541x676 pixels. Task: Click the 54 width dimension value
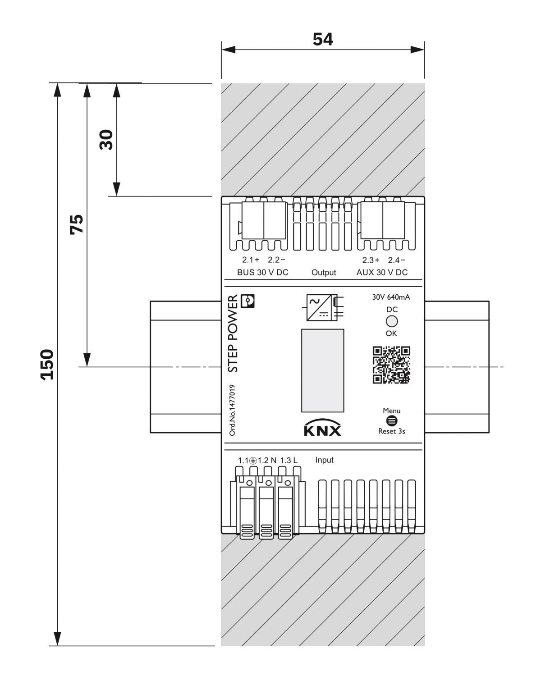click(x=322, y=39)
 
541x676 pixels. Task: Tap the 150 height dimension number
click(x=47, y=365)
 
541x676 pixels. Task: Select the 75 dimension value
click(x=76, y=224)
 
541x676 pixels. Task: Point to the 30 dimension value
click(x=106, y=140)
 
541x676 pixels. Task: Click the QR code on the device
click(x=391, y=365)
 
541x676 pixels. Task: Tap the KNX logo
click(x=322, y=428)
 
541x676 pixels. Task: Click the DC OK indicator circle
click(x=392, y=321)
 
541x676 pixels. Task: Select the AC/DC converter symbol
click(x=325, y=307)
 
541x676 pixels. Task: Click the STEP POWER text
click(x=233, y=333)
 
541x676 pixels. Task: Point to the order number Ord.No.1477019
click(x=232, y=410)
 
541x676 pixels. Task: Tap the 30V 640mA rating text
click(x=391, y=297)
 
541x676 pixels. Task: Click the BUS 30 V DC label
click(x=262, y=272)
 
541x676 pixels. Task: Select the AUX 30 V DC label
click(x=382, y=272)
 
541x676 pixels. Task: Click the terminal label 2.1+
click(x=251, y=260)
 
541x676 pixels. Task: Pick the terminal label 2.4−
click(x=396, y=260)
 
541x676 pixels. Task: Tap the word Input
click(x=325, y=460)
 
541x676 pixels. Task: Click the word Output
click(x=324, y=272)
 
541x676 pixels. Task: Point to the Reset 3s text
click(x=391, y=431)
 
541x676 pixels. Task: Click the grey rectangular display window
click(x=322, y=370)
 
